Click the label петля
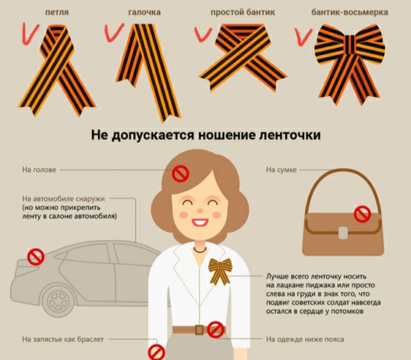[57, 12]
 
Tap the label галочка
[144, 12]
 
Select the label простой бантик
[243, 12]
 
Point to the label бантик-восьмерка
[350, 12]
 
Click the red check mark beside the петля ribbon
[30, 34]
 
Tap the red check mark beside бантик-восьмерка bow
[303, 37]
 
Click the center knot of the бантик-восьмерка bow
[349, 45]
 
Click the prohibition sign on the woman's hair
[180, 174]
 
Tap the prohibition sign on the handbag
[362, 214]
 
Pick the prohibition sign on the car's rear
[36, 257]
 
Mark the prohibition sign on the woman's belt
[216, 330]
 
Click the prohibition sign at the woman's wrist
[156, 353]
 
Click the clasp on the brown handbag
[343, 233]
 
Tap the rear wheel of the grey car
[58, 301]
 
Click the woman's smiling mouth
[200, 222]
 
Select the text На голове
[39, 170]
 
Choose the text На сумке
[281, 170]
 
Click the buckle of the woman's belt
[199, 330]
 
